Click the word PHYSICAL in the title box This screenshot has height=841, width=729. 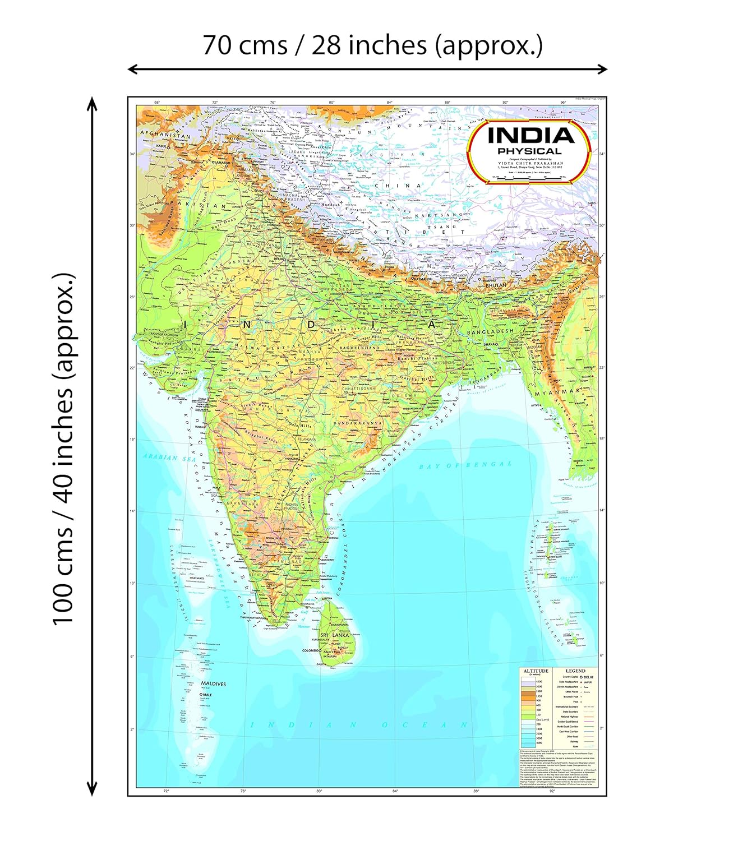coord(529,151)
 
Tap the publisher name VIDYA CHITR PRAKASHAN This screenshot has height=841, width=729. coord(530,164)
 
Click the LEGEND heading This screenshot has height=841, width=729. coord(575,671)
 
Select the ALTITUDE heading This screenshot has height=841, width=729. coord(536,671)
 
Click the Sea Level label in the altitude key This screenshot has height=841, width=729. coord(542,719)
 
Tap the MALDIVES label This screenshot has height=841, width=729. coord(214,684)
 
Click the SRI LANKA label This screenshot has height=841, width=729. coord(335,635)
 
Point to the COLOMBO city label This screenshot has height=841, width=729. coord(311,651)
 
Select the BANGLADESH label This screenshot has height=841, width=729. coord(490,332)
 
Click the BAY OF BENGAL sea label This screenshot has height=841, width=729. coord(465,465)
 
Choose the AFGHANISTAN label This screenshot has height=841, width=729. coord(165,135)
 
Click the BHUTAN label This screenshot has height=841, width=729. coord(496,285)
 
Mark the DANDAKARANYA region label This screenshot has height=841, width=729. coord(357,423)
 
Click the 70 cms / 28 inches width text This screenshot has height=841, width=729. coord(372,45)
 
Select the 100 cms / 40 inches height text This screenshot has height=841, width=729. coord(63,449)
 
